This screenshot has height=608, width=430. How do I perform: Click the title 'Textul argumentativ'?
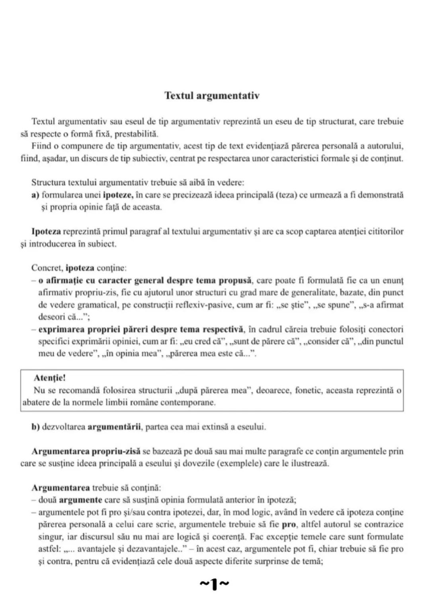pyautogui.click(x=212, y=96)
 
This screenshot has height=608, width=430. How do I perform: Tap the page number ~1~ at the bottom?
pyautogui.click(x=214, y=584)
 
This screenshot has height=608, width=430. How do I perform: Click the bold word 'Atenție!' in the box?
pyautogui.click(x=50, y=378)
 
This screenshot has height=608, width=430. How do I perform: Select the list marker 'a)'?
pyautogui.click(x=35, y=195)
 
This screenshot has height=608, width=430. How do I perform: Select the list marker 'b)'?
pyautogui.click(x=35, y=427)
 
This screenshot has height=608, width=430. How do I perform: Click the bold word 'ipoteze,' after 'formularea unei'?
pyautogui.click(x=118, y=195)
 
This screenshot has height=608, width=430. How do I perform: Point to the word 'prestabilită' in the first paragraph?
pyautogui.click(x=137, y=134)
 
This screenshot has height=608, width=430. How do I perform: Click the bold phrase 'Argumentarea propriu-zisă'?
pyautogui.click(x=86, y=452)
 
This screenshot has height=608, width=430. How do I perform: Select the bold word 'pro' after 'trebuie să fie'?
pyautogui.click(x=289, y=524)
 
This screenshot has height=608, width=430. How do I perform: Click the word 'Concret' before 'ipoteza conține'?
pyautogui.click(x=47, y=268)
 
